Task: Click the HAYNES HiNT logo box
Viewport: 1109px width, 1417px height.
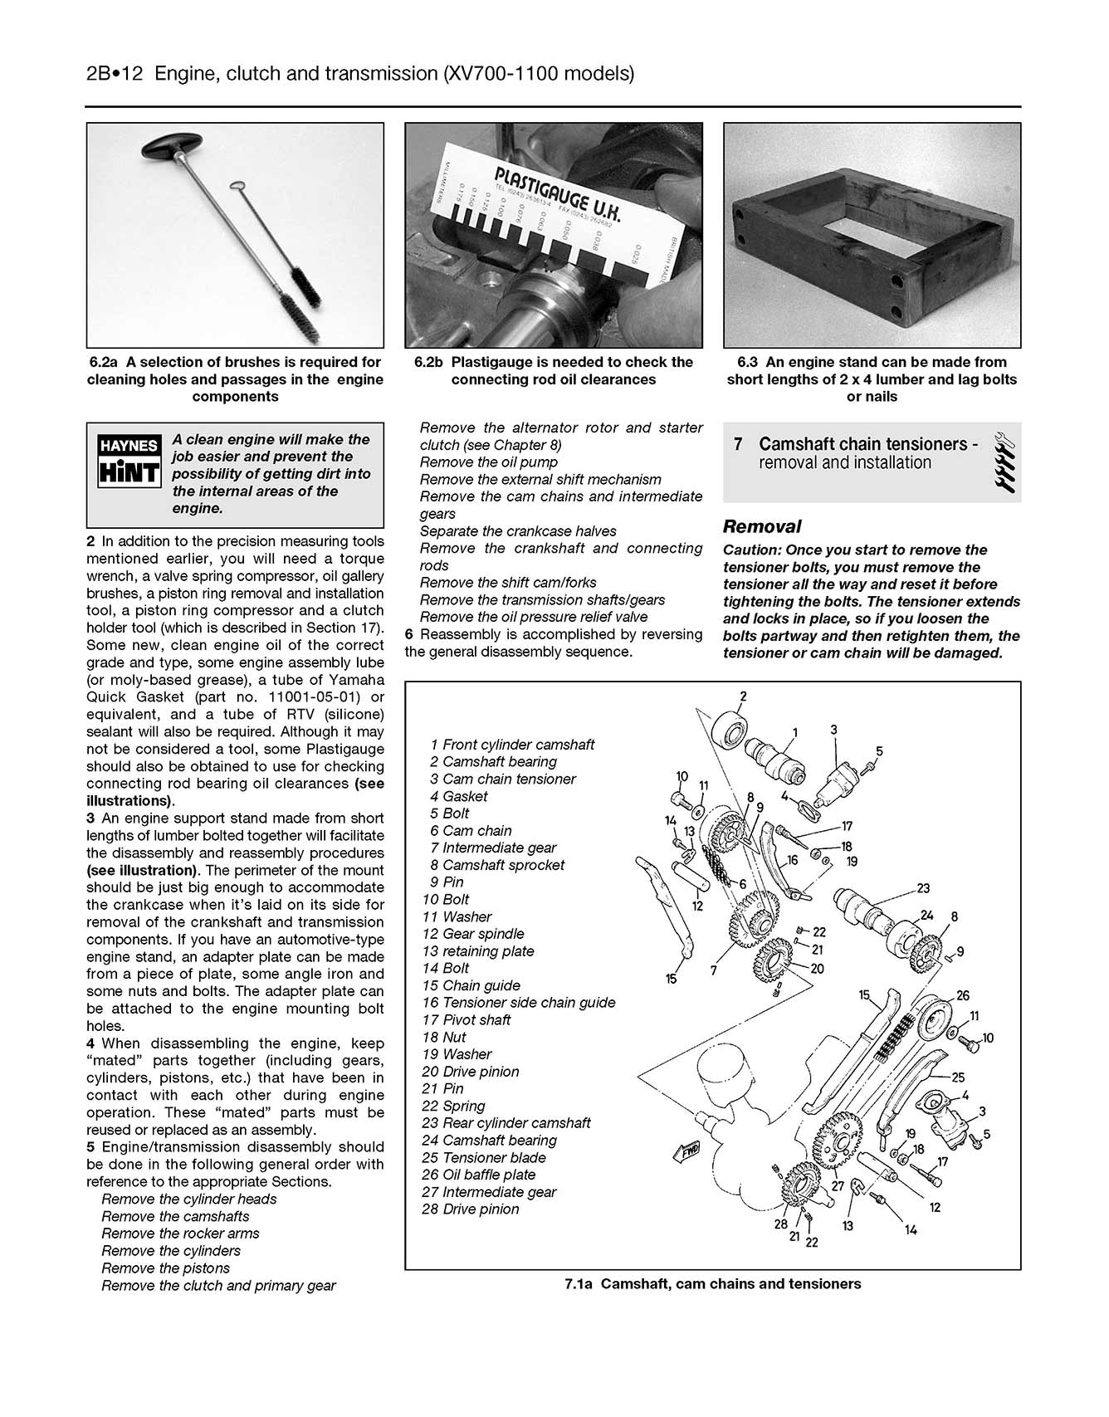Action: pos(129,462)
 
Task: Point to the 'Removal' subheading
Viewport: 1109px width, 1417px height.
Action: pos(762,526)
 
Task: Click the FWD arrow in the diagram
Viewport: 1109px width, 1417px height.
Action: pos(686,1151)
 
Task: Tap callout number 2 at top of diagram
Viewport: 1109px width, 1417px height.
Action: pos(743,696)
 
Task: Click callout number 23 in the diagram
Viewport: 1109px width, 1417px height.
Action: pos(923,888)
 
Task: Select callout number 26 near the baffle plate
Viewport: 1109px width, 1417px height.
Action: pos(963,995)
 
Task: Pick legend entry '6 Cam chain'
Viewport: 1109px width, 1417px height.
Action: pos(471,831)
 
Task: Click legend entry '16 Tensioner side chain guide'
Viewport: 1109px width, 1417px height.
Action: pos(519,1003)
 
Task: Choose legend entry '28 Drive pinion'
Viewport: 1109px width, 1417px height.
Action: pos(471,1209)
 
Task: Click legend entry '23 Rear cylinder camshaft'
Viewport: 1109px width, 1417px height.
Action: pos(506,1123)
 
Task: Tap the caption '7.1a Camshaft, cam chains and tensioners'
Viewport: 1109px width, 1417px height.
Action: pos(712,1284)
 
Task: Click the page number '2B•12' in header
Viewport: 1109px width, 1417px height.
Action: pos(115,74)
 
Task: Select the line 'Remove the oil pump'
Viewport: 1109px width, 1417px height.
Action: pos(489,462)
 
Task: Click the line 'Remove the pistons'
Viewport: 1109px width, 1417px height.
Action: pos(165,1268)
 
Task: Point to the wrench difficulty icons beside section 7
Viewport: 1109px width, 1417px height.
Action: pos(1004,462)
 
